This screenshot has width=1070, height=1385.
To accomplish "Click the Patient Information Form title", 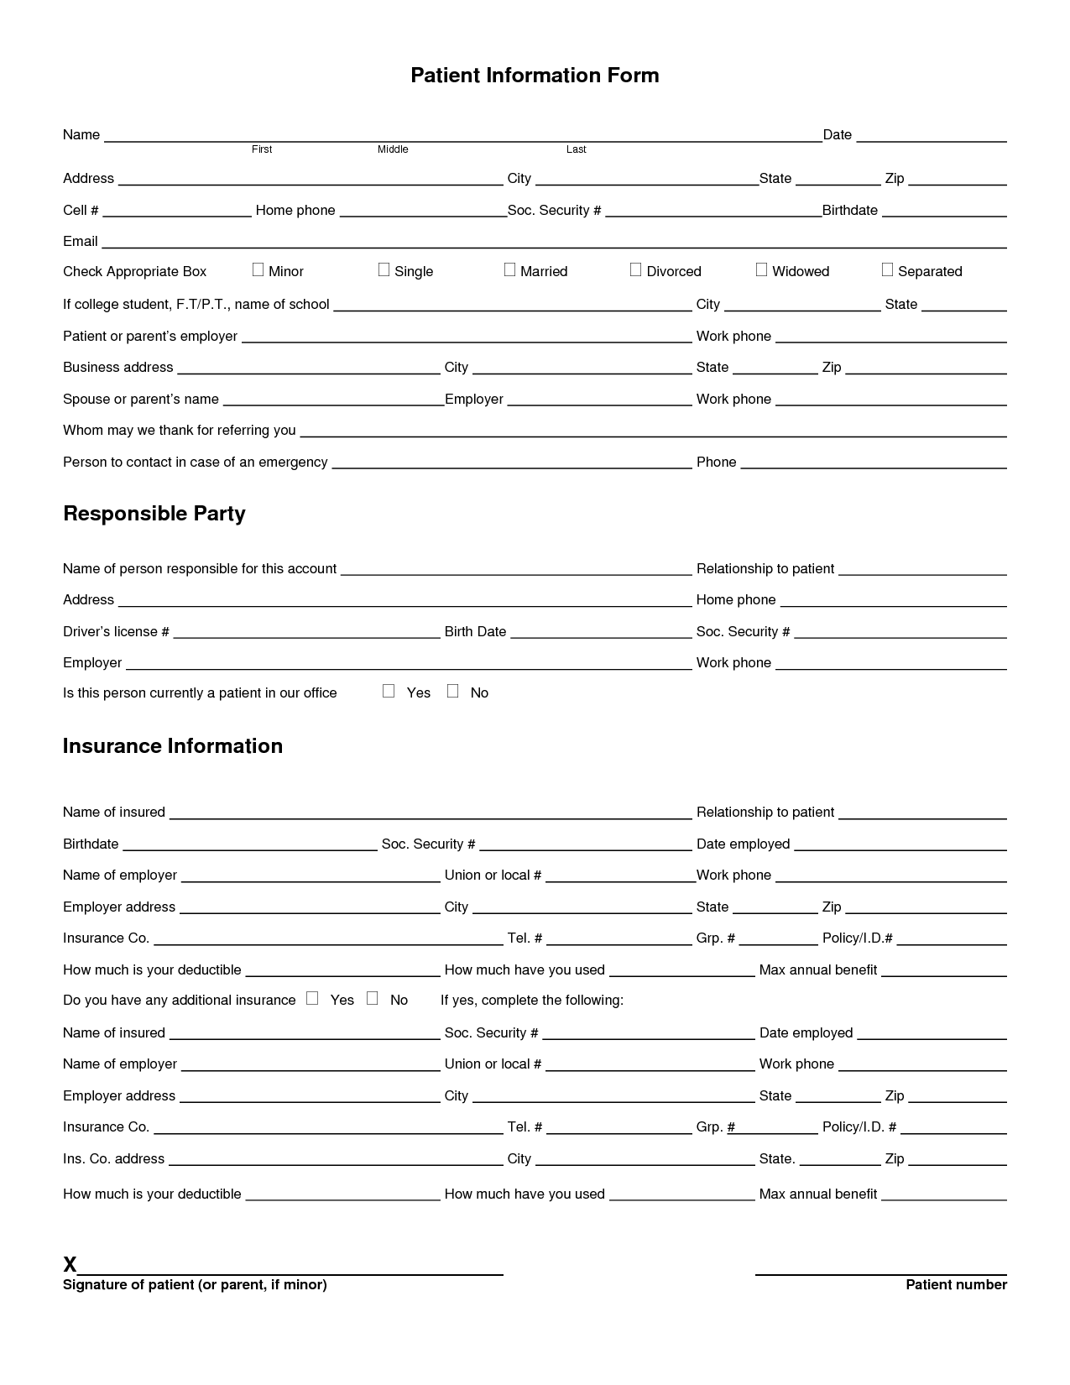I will pos(535,76).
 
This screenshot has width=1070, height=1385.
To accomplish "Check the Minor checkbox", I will pos(258,269).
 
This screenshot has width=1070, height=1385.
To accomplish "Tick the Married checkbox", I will pos(509,269).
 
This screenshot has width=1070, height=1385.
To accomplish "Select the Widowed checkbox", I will pos(761,269).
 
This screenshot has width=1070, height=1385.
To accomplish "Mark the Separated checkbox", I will pos(887,269).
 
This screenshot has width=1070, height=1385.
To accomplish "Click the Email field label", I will pos(81,242).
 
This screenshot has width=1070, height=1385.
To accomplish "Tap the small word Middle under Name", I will pos(393,149).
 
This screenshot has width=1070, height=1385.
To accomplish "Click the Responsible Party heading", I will pos(154,514).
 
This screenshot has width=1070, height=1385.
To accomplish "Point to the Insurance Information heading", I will pos(173,746).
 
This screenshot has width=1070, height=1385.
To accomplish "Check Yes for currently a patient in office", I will pos(389,691).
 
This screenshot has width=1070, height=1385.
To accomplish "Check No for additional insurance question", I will pos(373,998).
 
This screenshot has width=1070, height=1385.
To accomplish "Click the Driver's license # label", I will pos(116,632).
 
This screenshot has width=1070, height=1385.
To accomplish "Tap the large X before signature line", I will pos(70,1265).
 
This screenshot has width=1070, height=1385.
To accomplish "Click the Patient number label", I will pos(956,1285).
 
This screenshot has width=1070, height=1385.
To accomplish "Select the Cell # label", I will pos(81,211).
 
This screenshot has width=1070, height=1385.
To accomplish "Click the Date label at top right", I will pos(837,135).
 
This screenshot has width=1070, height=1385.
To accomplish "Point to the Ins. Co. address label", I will pos(113,1159).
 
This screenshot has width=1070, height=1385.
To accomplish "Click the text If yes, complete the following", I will pos(532,1001).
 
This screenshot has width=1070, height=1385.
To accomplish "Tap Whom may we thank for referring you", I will pos(180,431).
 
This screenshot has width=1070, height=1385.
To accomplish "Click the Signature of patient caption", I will pos(195,1285).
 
